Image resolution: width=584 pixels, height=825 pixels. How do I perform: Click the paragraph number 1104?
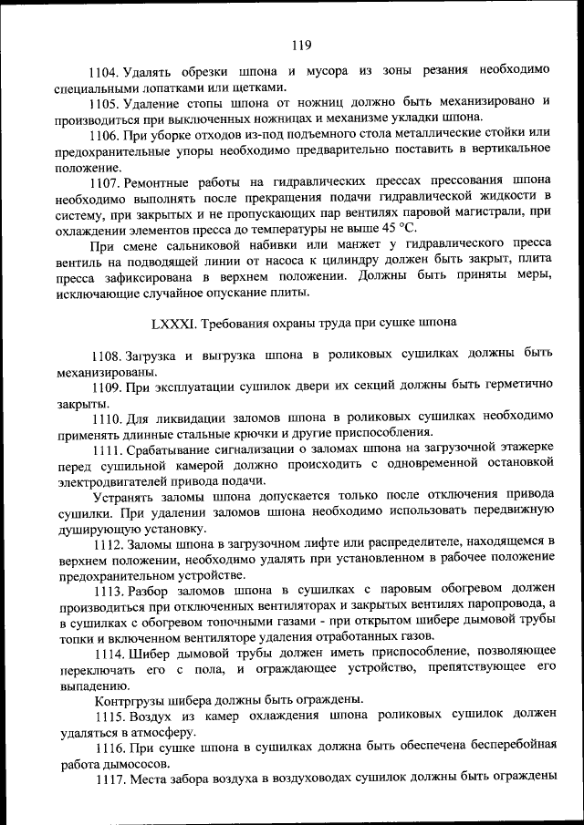tap(103, 71)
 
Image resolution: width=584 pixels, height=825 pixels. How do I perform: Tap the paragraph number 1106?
tap(103, 135)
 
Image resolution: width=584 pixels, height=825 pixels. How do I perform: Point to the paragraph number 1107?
tap(103, 182)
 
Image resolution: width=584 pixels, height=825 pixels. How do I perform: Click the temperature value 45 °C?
tap(398, 229)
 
